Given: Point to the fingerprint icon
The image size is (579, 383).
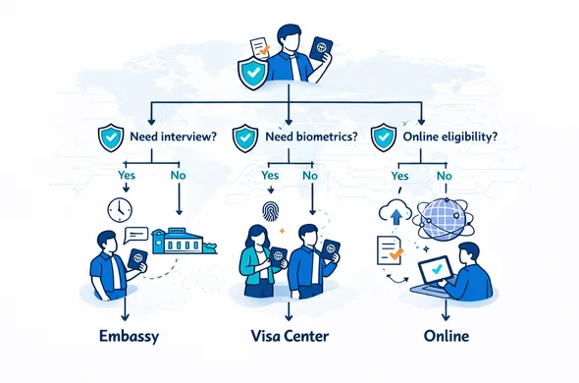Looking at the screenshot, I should tap(272, 209).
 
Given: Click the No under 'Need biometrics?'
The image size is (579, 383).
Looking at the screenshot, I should tap(310, 175).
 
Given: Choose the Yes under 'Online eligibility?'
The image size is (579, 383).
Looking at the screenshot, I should tap(399, 174).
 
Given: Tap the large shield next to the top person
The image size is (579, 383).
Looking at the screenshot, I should tap(253, 73).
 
